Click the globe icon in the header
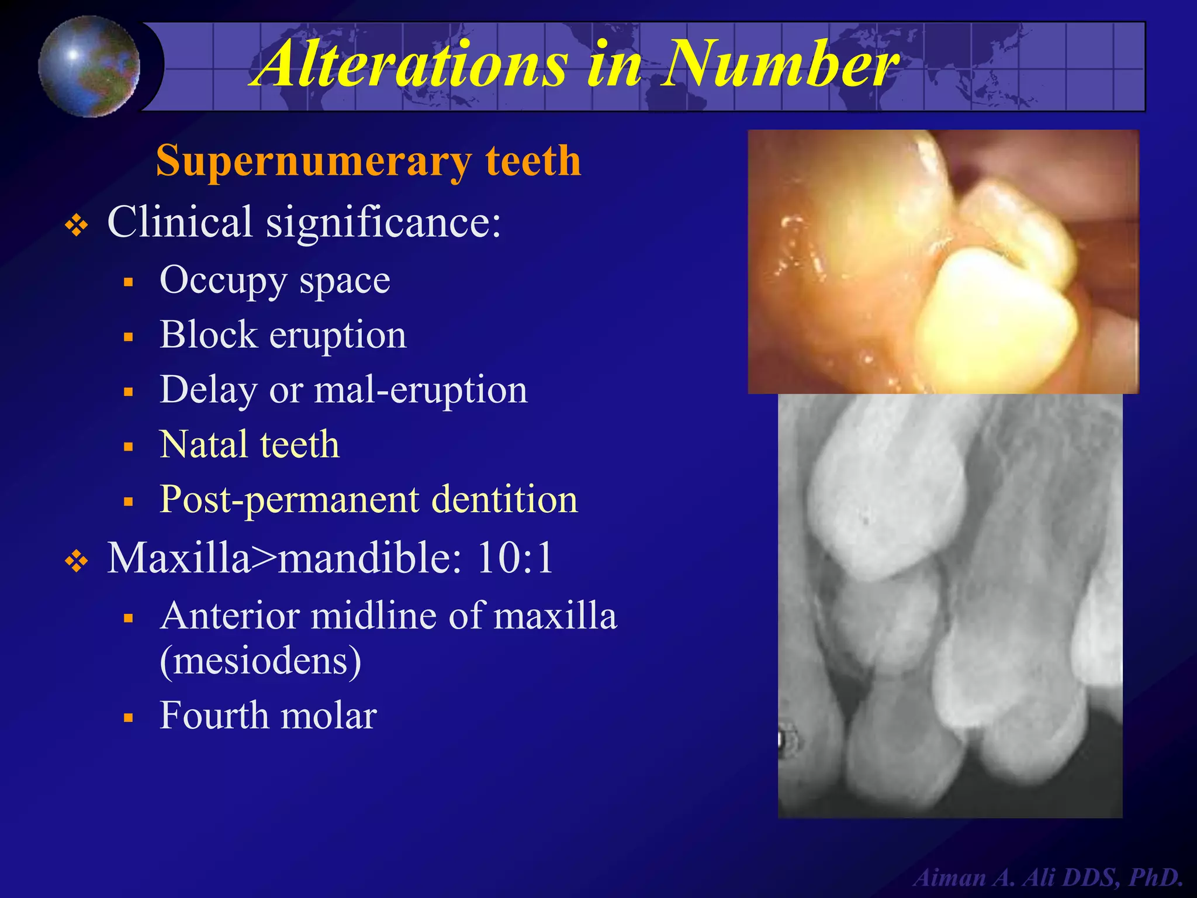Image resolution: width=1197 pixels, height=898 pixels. coord(89,66)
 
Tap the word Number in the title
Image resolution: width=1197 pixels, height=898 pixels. coord(780,63)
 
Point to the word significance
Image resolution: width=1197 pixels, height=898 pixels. coord(383,222)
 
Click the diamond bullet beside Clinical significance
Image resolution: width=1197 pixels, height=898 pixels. coord(77,225)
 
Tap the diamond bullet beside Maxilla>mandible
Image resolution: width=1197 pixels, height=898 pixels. coord(77,562)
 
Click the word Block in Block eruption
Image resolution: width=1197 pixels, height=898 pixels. coord(208,335)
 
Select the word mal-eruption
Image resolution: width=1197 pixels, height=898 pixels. coord(421,390)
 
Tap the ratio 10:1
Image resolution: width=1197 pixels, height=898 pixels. coord(515,558)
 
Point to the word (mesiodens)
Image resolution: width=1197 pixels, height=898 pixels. coord(261,661)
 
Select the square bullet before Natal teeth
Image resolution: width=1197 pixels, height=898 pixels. coord(129,447)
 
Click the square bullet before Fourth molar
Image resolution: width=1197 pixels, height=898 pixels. coord(129,718)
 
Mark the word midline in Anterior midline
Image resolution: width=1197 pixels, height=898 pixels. coord(374,616)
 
